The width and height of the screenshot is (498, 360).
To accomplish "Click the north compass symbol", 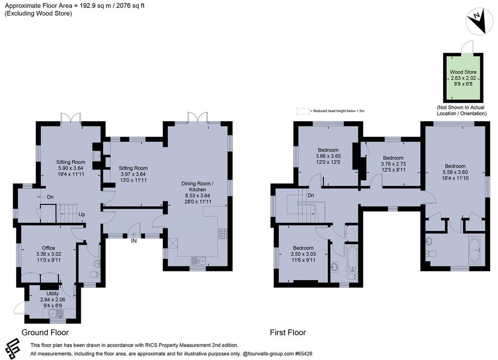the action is (x=479, y=21).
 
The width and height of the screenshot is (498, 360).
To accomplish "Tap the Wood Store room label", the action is (x=463, y=72).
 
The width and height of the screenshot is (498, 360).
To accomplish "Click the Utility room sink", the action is (x=56, y=314).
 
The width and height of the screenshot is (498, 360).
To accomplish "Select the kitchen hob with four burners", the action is (x=222, y=234).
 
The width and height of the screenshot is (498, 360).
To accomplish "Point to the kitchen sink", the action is (x=199, y=261).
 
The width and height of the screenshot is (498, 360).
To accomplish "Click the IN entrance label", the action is (x=134, y=241).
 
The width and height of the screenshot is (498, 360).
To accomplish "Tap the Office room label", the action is (x=49, y=248).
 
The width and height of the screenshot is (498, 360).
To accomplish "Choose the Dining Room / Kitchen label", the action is (x=197, y=186).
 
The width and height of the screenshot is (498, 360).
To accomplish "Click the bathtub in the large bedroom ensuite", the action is (x=477, y=250).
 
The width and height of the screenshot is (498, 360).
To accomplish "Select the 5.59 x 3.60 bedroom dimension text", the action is (x=455, y=172).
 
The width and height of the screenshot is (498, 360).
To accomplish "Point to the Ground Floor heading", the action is (x=45, y=332).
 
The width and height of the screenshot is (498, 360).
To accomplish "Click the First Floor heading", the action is (x=288, y=332).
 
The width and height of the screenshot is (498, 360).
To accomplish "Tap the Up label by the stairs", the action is (x=82, y=215).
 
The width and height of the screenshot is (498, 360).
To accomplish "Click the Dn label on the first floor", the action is (x=311, y=195).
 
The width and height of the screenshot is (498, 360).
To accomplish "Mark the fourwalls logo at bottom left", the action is (x=12, y=348).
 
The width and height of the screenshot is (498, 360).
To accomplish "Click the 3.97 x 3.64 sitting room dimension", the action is (x=133, y=174).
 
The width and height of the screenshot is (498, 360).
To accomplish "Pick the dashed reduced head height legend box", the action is (x=303, y=111).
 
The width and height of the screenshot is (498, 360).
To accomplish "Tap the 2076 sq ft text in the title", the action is (x=130, y=6).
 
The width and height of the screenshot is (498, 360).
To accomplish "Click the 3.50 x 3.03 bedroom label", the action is (x=303, y=254).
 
